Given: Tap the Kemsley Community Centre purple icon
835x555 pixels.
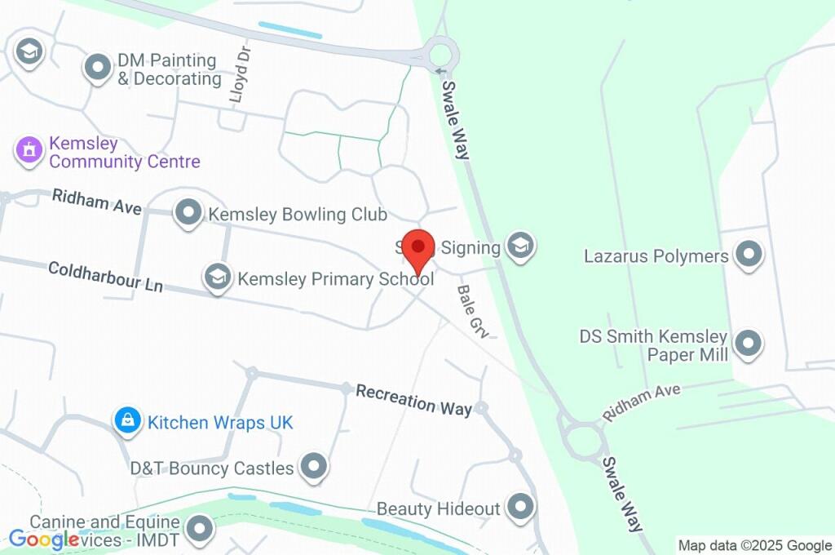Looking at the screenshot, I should pyautogui.click(x=29, y=150).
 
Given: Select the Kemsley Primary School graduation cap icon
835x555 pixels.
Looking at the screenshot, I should pyautogui.click(x=217, y=277).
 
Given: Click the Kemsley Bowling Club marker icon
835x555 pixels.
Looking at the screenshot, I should pyautogui.click(x=189, y=214).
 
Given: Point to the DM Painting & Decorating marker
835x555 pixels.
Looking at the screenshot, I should pyautogui.click(x=99, y=68).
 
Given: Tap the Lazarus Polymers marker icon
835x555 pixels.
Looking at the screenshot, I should pyautogui.click(x=748, y=255).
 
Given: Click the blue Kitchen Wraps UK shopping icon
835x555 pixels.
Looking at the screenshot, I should pyautogui.click(x=126, y=420).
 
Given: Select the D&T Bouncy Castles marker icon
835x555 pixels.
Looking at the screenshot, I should pyautogui.click(x=313, y=467).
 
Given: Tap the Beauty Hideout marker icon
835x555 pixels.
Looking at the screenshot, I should pyautogui.click(x=519, y=507).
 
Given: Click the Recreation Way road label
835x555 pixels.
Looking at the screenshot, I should pyautogui.click(x=414, y=398).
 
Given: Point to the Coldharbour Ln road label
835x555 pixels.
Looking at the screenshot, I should pyautogui.click(x=105, y=277).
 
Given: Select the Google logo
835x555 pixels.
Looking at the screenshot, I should pyautogui.click(x=43, y=539).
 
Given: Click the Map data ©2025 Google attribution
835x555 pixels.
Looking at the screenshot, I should pyautogui.click(x=754, y=545).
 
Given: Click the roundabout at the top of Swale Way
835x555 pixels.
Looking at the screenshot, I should pyautogui.click(x=440, y=55).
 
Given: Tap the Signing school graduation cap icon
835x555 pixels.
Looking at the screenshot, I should pyautogui.click(x=519, y=245).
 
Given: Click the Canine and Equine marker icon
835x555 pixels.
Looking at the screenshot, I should pyautogui.click(x=198, y=530).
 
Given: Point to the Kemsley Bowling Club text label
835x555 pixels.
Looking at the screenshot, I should pyautogui.click(x=298, y=215).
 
